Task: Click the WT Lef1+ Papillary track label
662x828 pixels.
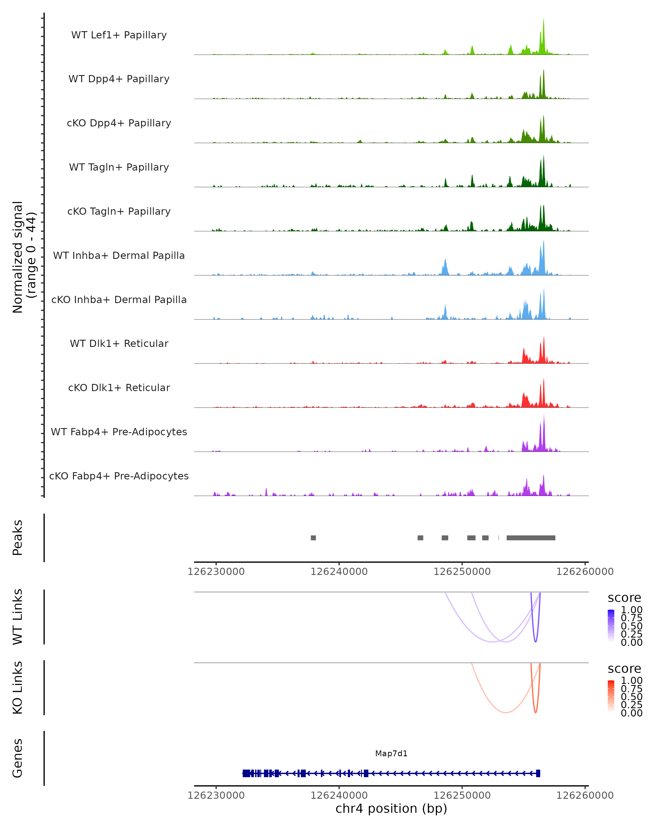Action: tap(119, 35)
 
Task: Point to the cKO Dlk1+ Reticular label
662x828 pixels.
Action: tap(119, 388)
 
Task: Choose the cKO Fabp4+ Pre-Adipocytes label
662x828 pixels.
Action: tap(119, 476)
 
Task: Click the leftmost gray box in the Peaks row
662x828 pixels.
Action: tap(313, 538)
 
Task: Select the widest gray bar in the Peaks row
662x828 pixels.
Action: tap(531, 538)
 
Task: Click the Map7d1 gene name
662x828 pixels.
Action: tap(391, 753)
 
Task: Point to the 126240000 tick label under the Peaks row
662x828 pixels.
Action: tap(339, 572)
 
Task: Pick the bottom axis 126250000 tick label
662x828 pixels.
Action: tap(462, 795)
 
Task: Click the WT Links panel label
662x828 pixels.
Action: tap(18, 617)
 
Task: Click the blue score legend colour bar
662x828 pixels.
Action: tap(611, 626)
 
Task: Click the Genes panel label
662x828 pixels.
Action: tap(18, 758)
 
